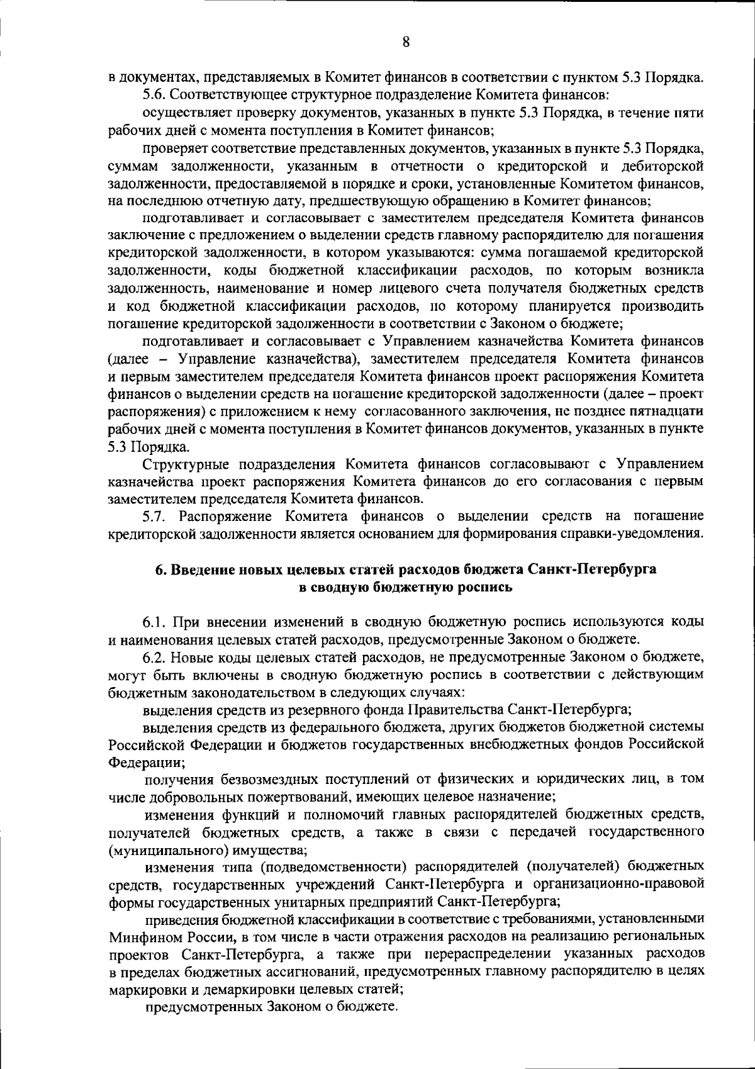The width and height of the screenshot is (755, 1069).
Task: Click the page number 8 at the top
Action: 406,42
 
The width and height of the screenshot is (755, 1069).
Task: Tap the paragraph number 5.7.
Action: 156,517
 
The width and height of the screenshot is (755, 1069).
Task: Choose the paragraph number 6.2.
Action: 155,658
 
